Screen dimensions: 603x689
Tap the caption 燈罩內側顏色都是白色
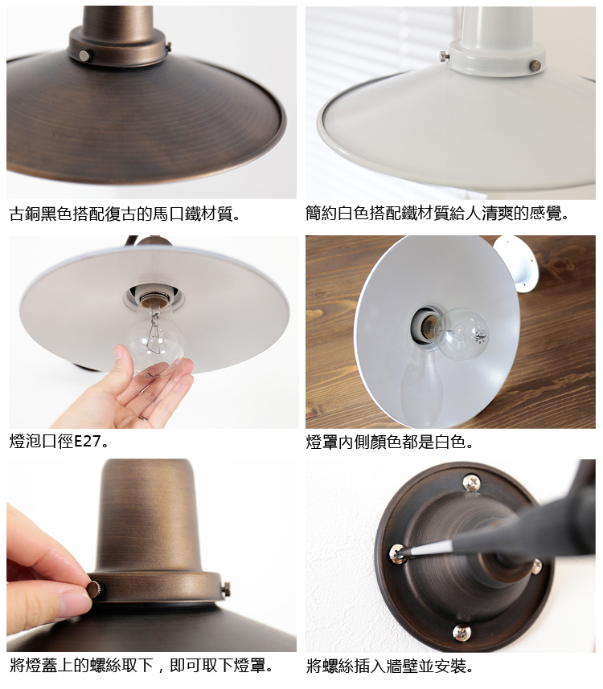(390, 442)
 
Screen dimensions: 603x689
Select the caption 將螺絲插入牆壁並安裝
(390, 667)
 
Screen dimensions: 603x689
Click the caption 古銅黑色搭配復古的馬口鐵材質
(125, 214)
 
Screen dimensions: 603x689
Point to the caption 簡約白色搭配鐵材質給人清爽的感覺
(437, 214)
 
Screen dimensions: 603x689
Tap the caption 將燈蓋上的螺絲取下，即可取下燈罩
(142, 665)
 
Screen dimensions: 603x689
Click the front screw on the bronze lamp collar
(84, 55)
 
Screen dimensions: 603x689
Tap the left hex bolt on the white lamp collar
(444, 55)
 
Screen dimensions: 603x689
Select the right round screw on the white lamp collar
(535, 65)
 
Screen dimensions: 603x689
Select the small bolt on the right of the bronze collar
(227, 589)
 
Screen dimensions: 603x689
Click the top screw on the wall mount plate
(471, 483)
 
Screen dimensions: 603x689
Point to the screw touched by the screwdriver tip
(397, 553)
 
